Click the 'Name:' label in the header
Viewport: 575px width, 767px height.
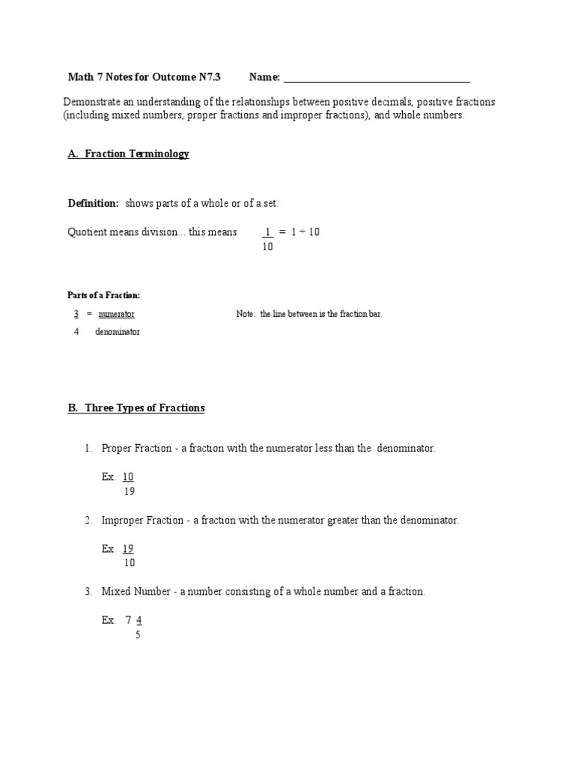pos(264,77)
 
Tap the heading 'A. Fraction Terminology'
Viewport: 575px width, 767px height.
pos(128,154)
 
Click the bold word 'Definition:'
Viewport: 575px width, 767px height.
pos(93,204)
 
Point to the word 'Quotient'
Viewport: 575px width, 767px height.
pos(88,232)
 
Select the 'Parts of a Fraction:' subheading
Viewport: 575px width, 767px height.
pos(103,296)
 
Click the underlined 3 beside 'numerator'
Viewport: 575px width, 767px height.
pos(76,315)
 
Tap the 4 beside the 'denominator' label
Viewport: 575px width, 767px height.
pos(76,332)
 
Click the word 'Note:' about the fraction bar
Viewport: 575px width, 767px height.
pos(246,315)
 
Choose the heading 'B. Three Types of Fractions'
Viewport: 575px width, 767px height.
pos(136,408)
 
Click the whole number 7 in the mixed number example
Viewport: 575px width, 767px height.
pos(128,620)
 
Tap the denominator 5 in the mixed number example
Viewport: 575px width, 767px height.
pos(138,635)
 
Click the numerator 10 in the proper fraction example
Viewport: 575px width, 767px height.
pos(128,477)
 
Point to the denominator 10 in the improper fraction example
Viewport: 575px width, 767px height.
pos(129,563)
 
